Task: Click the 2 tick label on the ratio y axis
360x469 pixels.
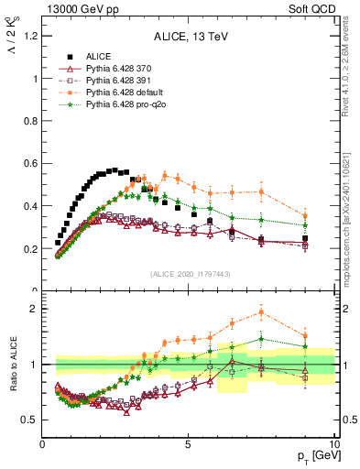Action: tap(33, 309)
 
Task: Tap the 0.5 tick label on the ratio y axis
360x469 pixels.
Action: tap(27, 420)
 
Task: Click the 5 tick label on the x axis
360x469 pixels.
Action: tap(188, 446)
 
